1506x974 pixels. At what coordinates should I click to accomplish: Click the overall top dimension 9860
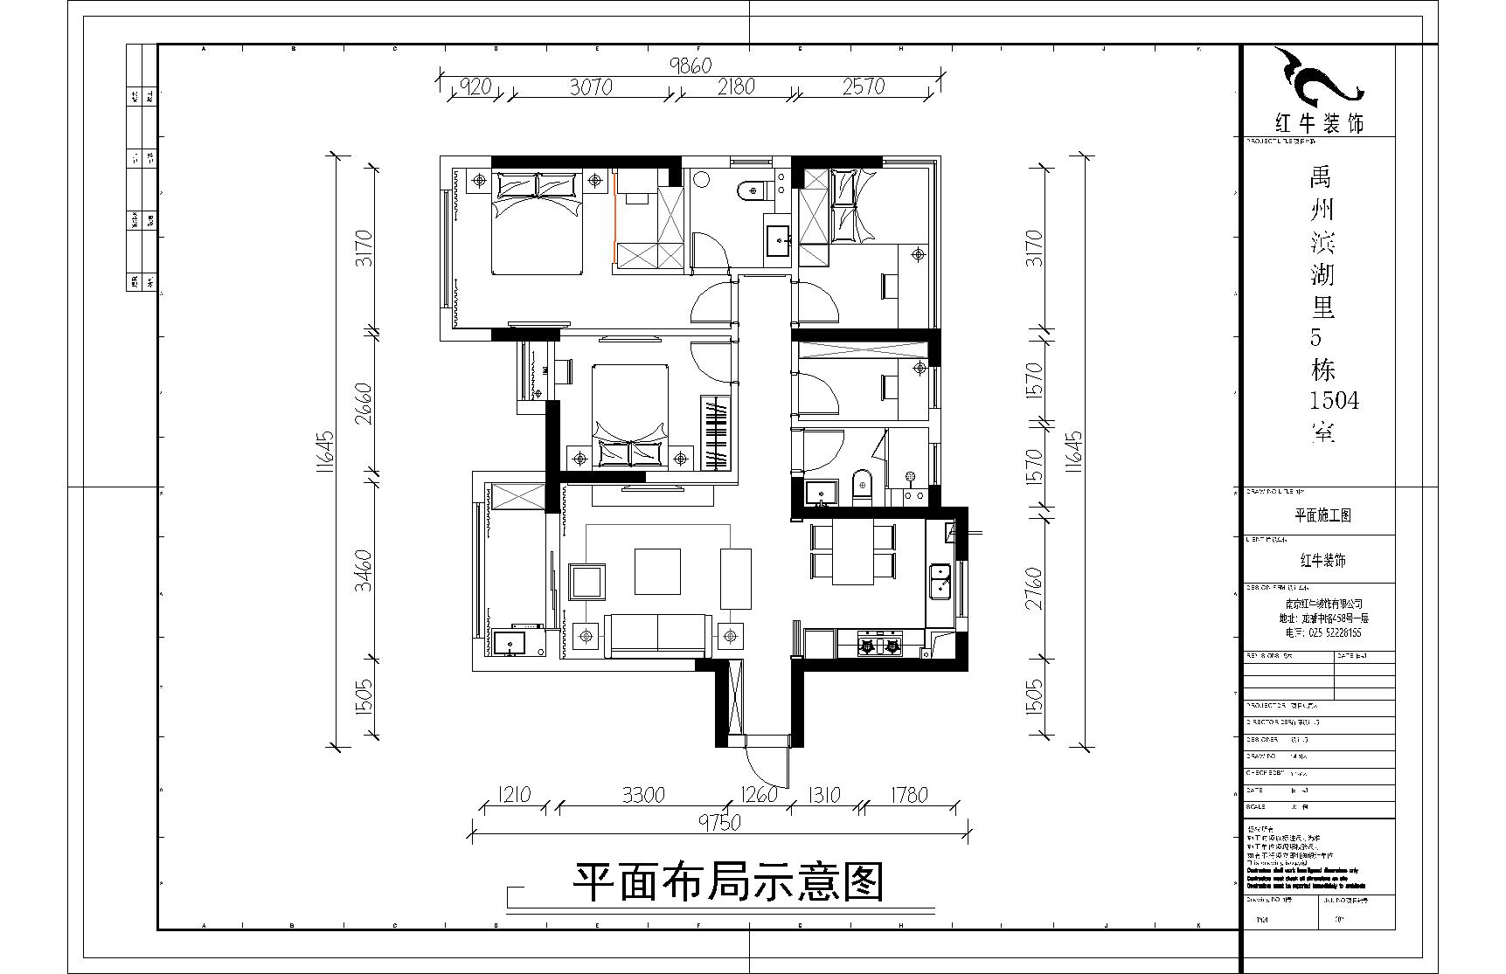tap(691, 65)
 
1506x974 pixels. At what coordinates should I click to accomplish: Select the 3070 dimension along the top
tap(591, 86)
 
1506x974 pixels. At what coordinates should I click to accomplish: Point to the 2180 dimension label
tap(736, 86)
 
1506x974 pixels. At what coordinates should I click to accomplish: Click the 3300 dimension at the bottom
tap(642, 795)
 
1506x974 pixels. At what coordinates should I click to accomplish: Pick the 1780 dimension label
tap(908, 795)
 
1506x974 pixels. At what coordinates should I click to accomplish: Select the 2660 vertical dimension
tap(364, 404)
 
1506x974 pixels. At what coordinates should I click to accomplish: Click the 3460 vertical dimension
tap(364, 570)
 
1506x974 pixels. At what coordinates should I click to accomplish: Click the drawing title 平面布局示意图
tap(728, 882)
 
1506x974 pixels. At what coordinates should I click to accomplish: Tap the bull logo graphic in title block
tap(1317, 79)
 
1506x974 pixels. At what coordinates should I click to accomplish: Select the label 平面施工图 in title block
tap(1322, 515)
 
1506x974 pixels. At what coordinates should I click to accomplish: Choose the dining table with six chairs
tap(853, 552)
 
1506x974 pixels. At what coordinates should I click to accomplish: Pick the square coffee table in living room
tap(657, 570)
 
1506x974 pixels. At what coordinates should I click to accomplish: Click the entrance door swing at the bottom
tap(767, 760)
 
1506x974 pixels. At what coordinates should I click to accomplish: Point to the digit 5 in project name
tap(1317, 337)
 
